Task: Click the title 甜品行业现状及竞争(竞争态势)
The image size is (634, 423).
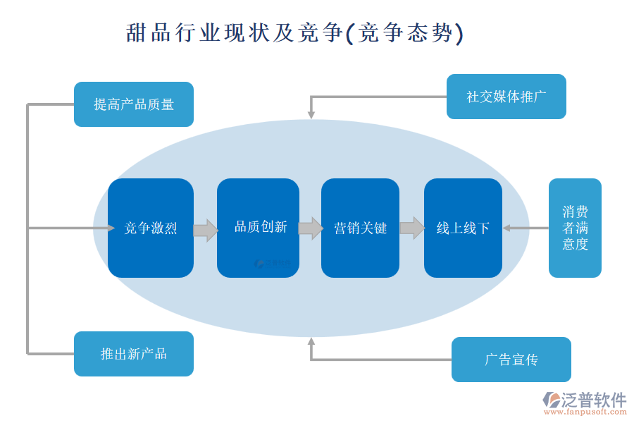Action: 295,33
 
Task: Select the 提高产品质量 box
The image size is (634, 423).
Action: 134,104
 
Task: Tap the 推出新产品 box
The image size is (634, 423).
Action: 134,354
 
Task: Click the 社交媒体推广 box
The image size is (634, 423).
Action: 506,97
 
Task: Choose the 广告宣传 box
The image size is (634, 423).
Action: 511,360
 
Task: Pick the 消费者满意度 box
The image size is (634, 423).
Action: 575,228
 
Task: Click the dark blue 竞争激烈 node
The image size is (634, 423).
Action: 151,228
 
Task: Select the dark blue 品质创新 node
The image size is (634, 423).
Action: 258,227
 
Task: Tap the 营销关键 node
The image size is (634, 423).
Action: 360,228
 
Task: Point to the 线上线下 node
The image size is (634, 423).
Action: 463,228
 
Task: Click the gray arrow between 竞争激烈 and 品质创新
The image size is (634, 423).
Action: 205,230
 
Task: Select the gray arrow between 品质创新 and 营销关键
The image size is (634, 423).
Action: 310,228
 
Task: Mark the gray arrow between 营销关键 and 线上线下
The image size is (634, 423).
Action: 412,228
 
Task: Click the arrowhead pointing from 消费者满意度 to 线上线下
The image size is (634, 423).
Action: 506,228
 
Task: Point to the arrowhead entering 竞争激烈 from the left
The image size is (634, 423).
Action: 111,228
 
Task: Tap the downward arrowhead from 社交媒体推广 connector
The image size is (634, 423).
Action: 311,114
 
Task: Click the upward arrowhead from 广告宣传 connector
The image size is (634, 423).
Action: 311,342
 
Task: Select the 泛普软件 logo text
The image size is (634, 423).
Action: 594,400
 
